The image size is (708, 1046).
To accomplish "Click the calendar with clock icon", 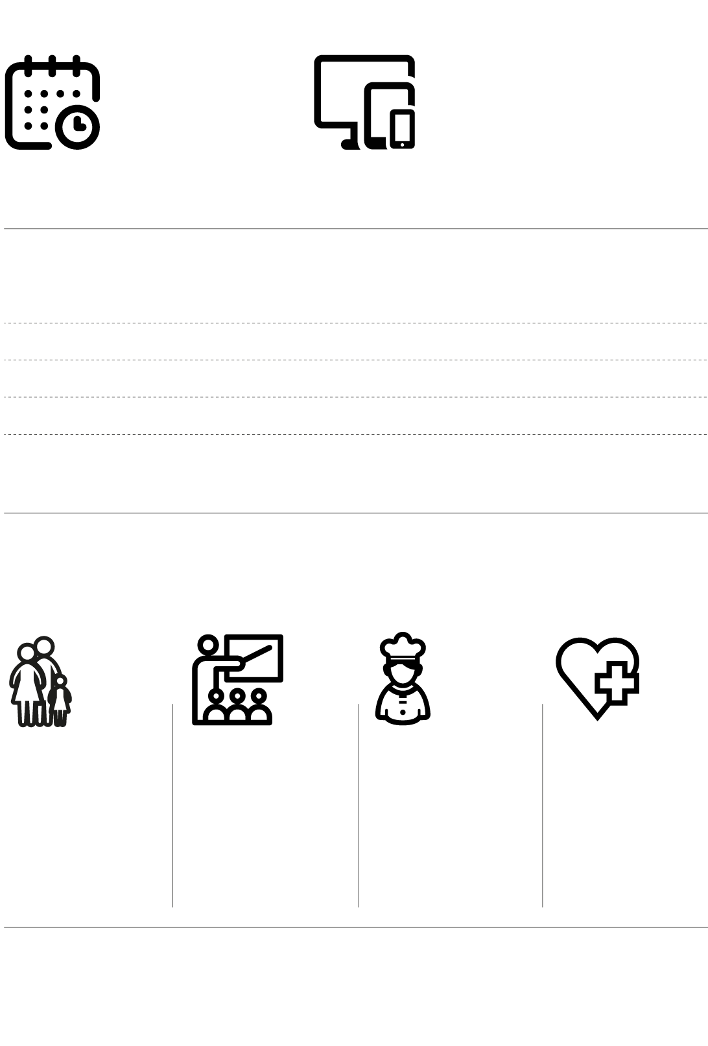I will (x=52, y=102).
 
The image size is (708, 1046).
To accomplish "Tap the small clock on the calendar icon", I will (x=78, y=126).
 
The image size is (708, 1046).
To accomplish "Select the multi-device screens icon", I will (x=364, y=102).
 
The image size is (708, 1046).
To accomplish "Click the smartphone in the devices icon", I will (x=402, y=128).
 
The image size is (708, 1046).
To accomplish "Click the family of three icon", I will (x=40, y=682).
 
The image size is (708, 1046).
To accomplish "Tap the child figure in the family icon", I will (x=60, y=701).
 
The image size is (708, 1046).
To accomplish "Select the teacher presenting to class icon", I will (x=237, y=679).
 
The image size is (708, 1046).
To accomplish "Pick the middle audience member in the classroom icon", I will (x=238, y=707).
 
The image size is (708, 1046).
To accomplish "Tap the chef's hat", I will (x=403, y=645).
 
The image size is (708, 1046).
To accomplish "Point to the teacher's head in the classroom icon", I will (x=208, y=646).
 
